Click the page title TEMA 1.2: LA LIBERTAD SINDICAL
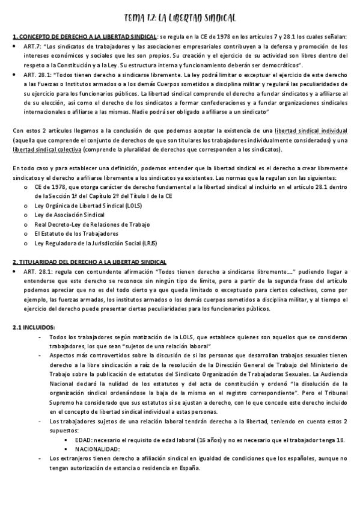pyautogui.click(x=179, y=18)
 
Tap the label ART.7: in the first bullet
pyautogui.click(x=32, y=45)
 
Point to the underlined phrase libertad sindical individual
pyautogui.click(x=311, y=130)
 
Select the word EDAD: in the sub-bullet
pyautogui.click(x=86, y=440)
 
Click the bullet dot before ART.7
pyautogui.click(x=14, y=46)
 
